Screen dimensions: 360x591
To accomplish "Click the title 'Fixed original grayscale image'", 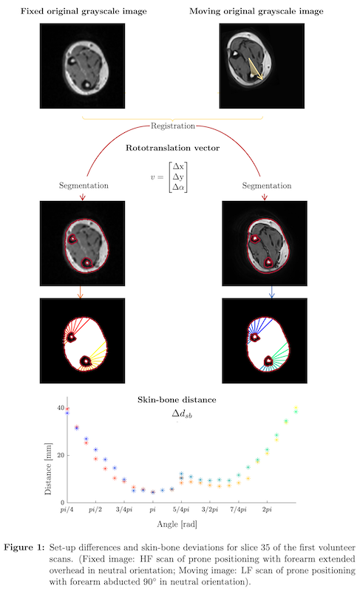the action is click(84, 11).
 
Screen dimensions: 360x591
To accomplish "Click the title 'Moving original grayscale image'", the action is click(257, 11).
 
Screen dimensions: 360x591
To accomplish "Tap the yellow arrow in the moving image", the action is click(255, 69).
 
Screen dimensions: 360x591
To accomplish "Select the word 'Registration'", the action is click(173, 126).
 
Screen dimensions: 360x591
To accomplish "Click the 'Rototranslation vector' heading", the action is click(173, 148).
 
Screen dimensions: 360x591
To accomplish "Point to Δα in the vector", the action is click(178, 187).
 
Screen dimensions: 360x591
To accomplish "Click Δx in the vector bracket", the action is click(178, 167).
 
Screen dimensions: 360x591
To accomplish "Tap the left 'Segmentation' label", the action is click(84, 185).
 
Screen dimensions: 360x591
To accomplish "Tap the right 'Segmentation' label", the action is click(267, 186).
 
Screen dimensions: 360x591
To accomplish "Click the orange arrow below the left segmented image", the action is click(80, 292).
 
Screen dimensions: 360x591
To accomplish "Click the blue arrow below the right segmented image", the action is click(272, 292).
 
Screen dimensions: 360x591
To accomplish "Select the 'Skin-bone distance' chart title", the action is click(177, 400).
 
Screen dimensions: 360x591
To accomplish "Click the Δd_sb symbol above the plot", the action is click(182, 414).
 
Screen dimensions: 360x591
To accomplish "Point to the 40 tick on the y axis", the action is click(61, 408).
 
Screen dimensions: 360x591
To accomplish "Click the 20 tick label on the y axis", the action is click(61, 455).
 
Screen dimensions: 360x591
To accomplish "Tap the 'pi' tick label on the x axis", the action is click(153, 510).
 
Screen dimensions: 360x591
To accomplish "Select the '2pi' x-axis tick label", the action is click(267, 510).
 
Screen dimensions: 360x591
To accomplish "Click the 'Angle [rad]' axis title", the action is click(177, 525).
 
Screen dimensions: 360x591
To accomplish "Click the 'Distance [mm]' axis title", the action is click(48, 468).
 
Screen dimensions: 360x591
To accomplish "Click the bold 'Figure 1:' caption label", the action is click(24, 547).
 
